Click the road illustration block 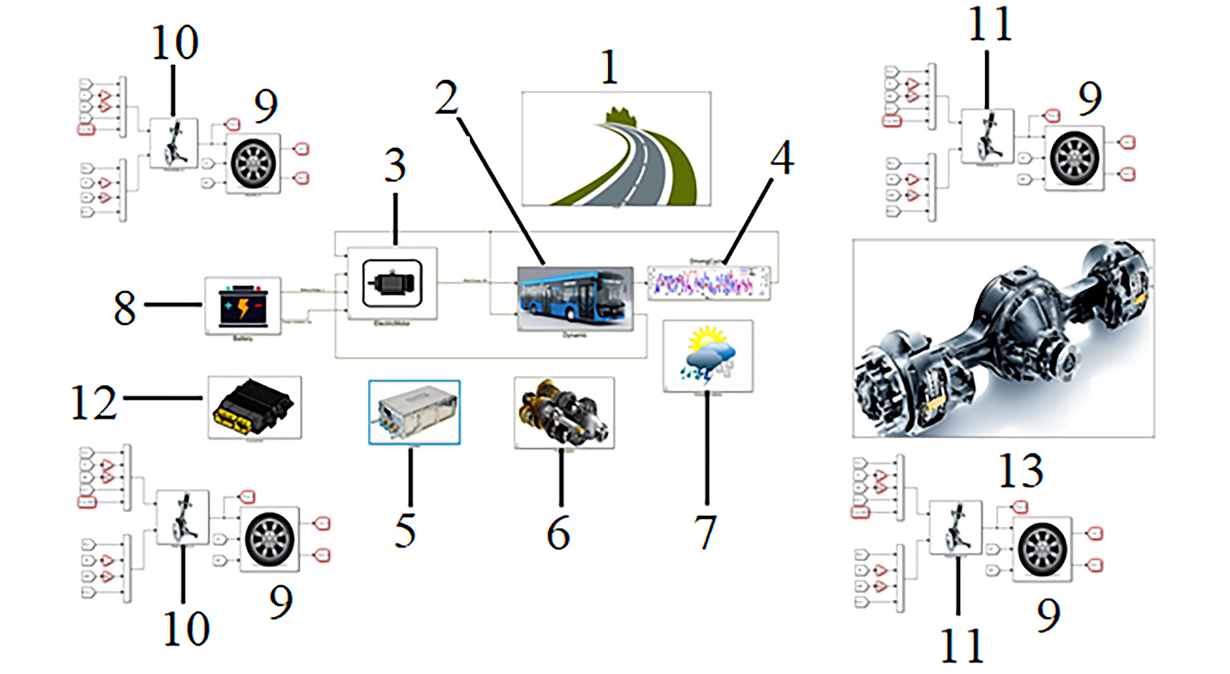click(616, 149)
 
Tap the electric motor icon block click(392, 283)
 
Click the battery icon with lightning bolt click(243, 306)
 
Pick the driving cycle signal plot click(709, 282)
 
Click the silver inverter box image click(414, 412)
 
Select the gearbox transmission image click(564, 412)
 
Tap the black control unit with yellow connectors click(254, 407)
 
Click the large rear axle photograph click(1003, 338)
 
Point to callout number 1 click(609, 67)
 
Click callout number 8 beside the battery click(125, 308)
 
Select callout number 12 click(94, 403)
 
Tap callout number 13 click(1021, 471)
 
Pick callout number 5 click(405, 531)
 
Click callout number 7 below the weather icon click(706, 532)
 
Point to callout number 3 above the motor click(395, 167)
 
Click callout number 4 click(782, 158)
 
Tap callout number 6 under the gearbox click(559, 533)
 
